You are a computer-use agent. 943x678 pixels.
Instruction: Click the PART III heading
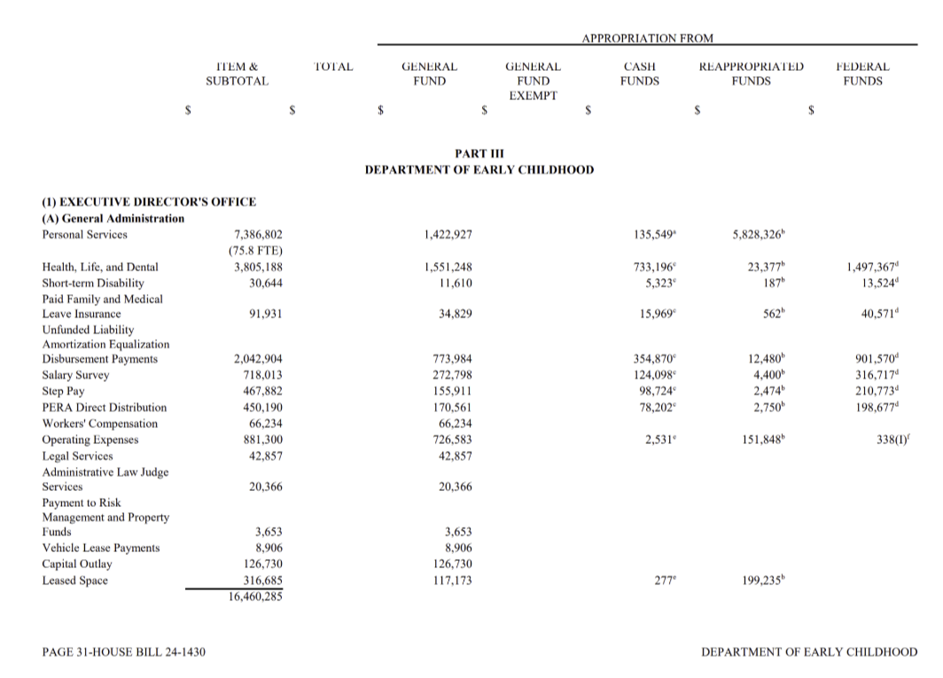point(479,153)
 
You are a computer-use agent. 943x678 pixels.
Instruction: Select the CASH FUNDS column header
point(640,74)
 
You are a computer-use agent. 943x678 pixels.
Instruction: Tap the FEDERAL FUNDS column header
point(862,74)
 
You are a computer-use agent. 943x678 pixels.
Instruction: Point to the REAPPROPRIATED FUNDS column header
point(751,74)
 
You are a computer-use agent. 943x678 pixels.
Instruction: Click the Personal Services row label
point(85,235)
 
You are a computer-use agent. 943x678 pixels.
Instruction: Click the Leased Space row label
point(75,581)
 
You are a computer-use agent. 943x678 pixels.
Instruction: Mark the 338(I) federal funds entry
point(895,440)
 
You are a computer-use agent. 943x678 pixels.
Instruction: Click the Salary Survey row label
point(76,375)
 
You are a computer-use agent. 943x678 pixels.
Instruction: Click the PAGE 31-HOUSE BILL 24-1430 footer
point(124,652)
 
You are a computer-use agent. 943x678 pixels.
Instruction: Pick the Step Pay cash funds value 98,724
point(656,391)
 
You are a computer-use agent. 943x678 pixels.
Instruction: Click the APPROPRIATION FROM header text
point(647,38)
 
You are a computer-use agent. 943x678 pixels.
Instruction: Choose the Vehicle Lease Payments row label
point(101,548)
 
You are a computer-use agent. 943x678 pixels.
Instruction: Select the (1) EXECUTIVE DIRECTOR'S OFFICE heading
point(149,202)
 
